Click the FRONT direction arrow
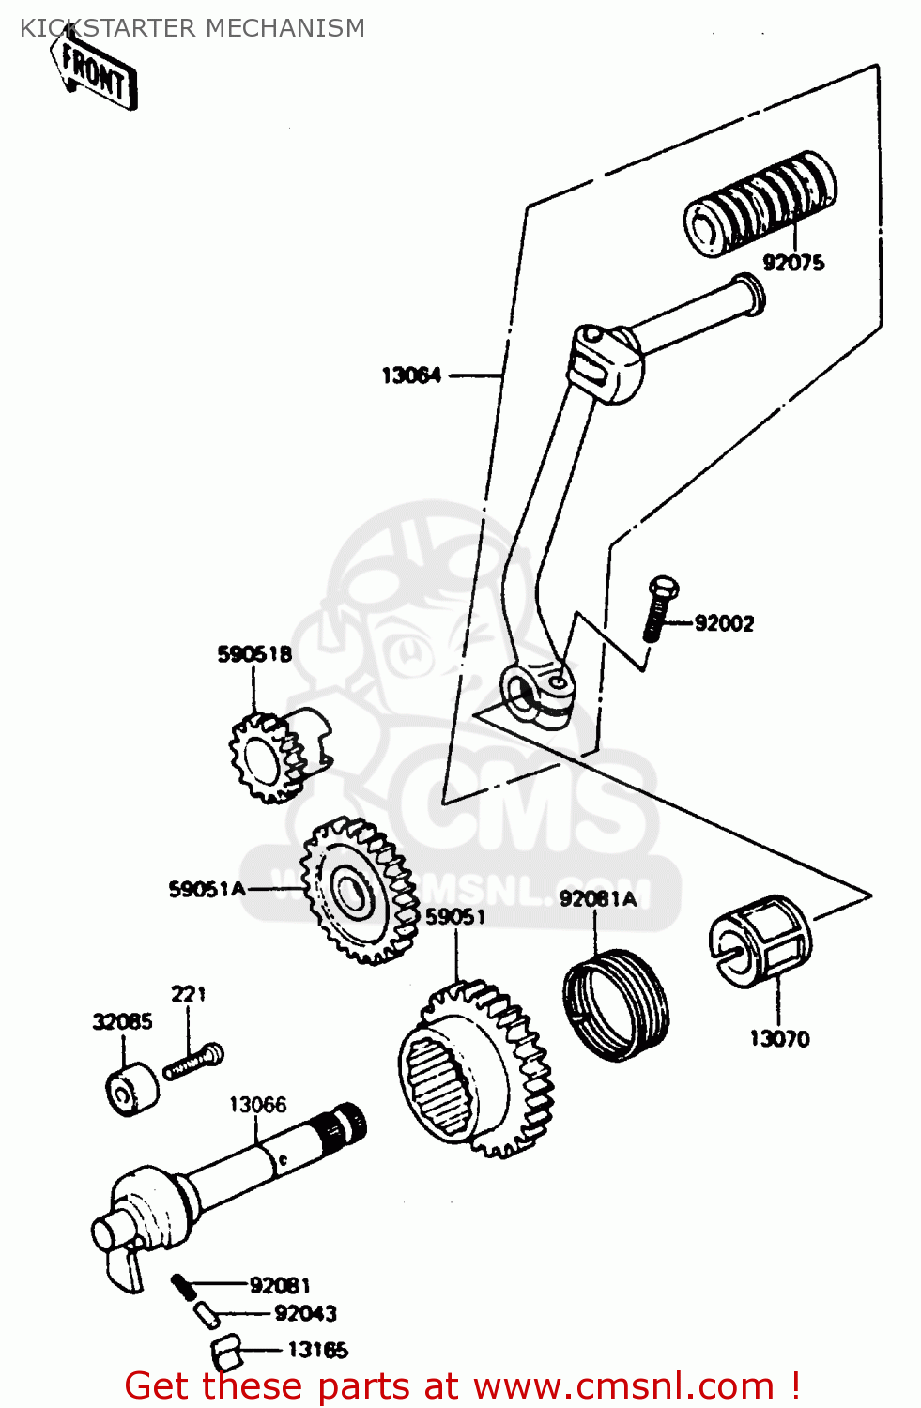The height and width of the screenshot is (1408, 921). coord(94,71)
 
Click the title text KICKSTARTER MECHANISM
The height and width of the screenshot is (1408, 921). coord(192,28)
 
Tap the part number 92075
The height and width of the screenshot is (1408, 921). coord(793,263)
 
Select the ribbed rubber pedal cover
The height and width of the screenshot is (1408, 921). coord(760,201)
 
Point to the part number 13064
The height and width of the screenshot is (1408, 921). coord(411,375)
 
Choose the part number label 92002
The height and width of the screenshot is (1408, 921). coord(724,623)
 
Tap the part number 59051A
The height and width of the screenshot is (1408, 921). coord(207,889)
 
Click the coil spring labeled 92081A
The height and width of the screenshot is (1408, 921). coord(617,1003)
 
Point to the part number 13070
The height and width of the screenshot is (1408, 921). coord(779,1038)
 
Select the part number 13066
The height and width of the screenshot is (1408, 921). coord(257,1105)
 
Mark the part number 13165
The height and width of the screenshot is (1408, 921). coord(317,1350)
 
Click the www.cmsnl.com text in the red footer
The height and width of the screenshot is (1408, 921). coord(623,1385)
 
